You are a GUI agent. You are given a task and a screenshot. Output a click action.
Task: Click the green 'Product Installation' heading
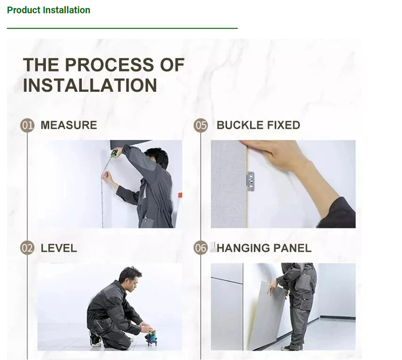coord(48,10)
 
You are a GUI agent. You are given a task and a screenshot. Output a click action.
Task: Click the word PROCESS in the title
coord(109,64)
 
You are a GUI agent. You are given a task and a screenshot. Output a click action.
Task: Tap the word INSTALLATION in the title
coord(90,85)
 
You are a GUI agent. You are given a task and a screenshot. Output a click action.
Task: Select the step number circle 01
coord(27,125)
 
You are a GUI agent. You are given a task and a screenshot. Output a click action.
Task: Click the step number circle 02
coord(27,248)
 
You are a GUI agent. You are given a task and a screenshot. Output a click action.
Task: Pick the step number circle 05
coord(201,125)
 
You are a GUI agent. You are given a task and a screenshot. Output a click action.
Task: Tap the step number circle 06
coord(201,248)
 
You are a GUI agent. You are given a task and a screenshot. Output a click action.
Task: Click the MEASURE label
coord(69,125)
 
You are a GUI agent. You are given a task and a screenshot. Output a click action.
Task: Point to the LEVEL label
coord(59,248)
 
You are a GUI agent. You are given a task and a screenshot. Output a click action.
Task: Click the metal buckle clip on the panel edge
coord(251,182)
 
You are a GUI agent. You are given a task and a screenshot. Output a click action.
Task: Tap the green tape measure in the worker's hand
coord(114,153)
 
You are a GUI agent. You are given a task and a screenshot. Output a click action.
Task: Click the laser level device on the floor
coord(151,337)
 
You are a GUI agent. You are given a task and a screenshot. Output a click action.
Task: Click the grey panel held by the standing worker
coord(267,315)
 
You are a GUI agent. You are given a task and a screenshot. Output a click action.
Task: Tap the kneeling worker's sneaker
coord(94,339)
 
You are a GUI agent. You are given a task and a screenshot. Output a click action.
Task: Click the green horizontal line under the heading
coord(123,28)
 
